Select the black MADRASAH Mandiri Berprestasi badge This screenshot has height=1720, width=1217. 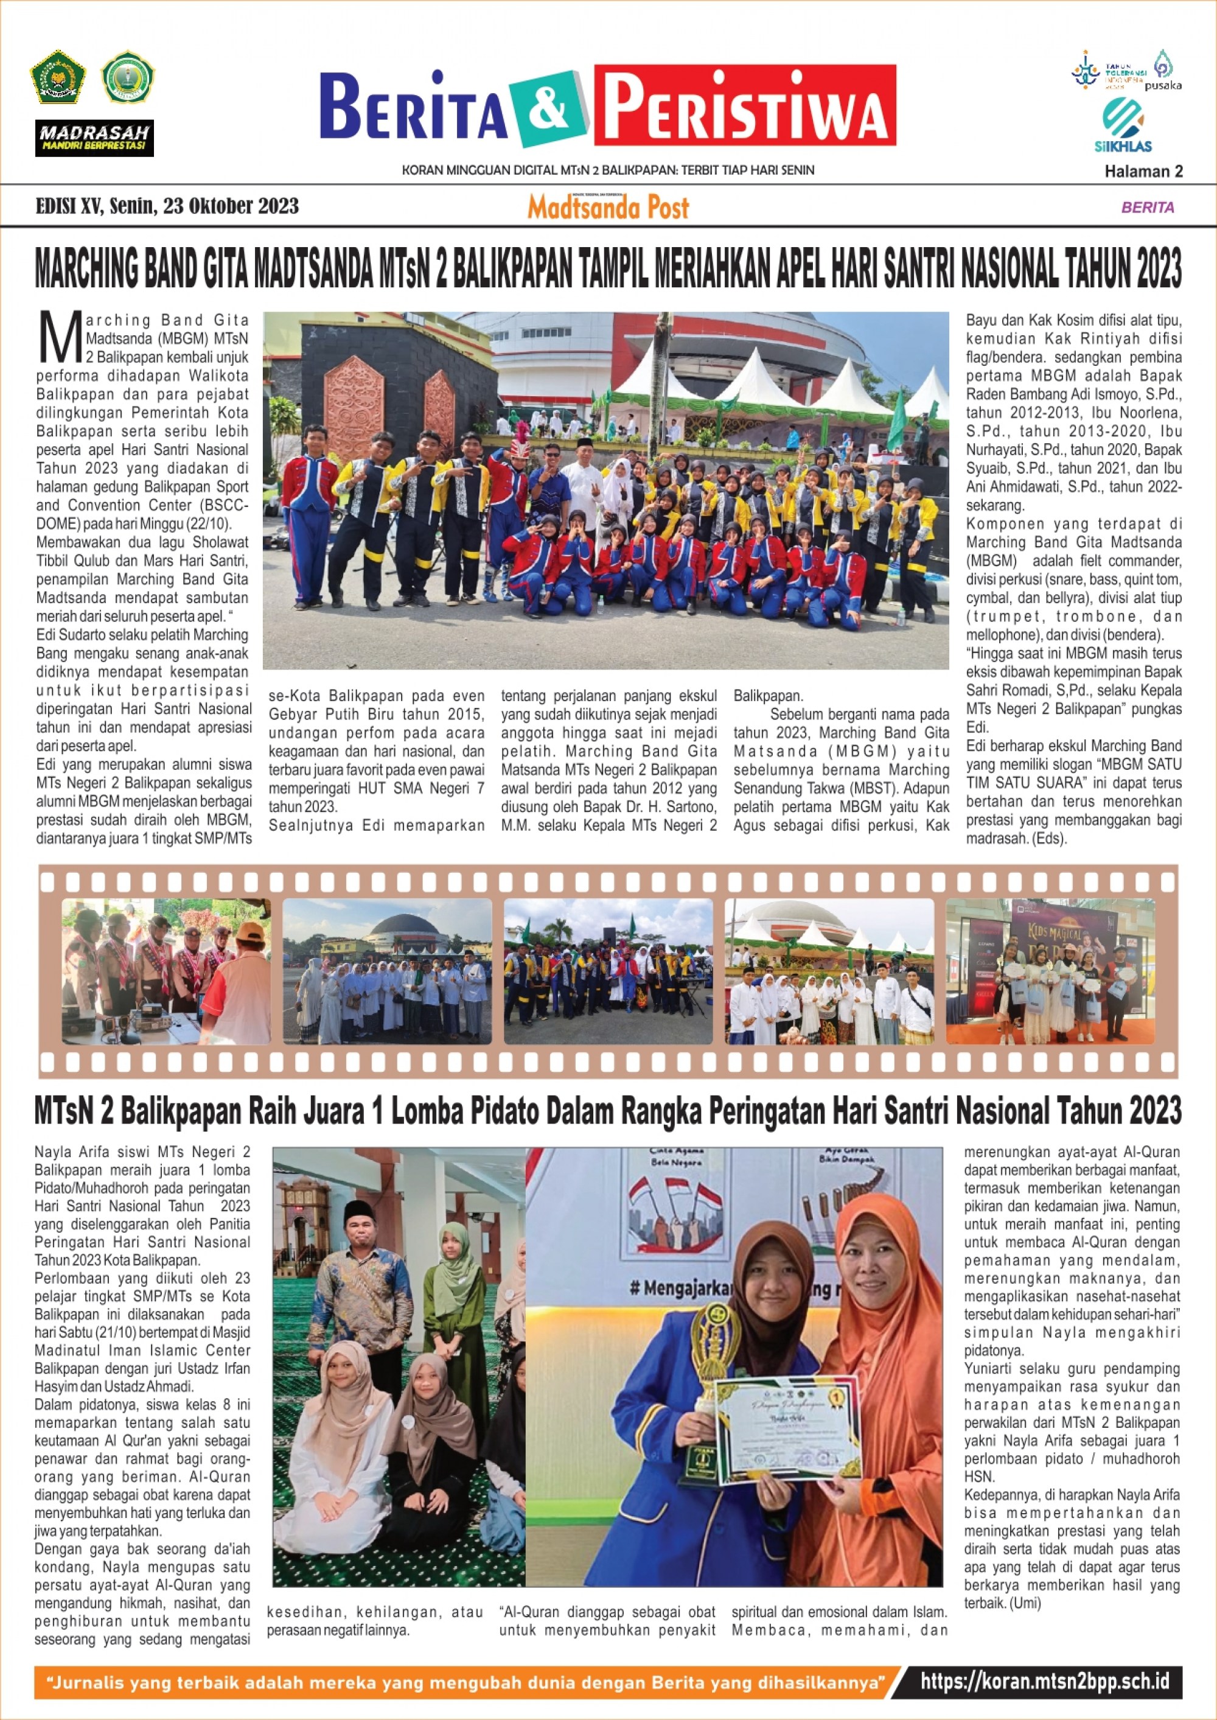[94, 139]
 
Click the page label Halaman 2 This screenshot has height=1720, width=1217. [1143, 172]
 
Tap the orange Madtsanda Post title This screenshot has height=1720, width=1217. [608, 208]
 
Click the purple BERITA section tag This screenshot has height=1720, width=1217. [1147, 208]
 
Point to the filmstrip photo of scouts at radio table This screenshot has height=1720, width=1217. [166, 971]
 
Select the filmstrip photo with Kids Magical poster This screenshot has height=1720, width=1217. [1050, 971]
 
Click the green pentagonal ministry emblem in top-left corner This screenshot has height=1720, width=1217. [58, 77]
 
